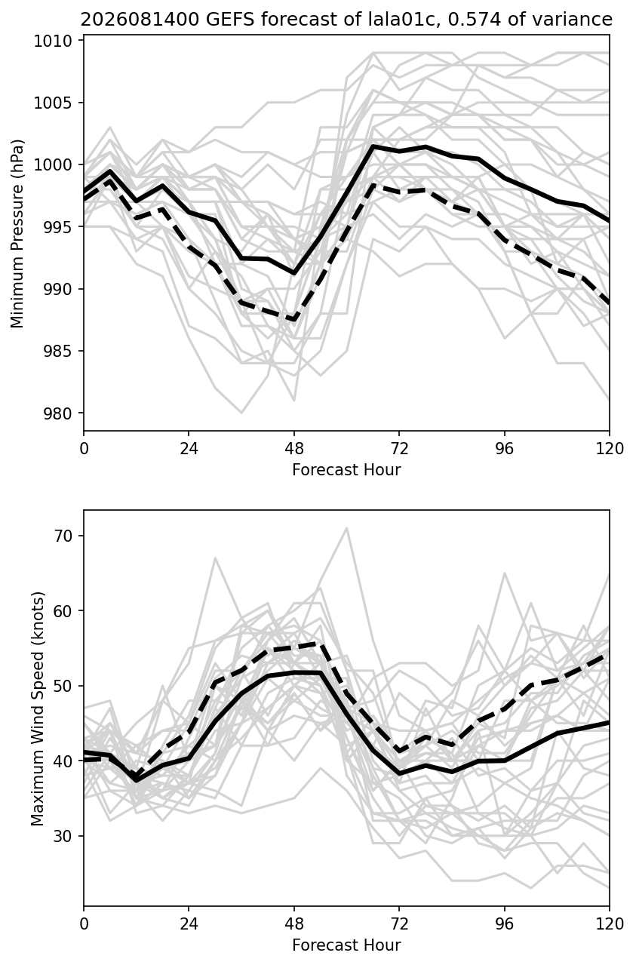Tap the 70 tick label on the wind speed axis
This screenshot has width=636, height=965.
(62, 536)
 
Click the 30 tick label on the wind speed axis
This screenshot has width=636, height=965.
(62, 836)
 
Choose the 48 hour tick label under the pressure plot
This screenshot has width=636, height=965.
(294, 449)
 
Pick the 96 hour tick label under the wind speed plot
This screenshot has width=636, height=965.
(504, 924)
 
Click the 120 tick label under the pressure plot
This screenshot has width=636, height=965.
(610, 449)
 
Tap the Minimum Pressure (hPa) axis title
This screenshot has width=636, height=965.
(17, 233)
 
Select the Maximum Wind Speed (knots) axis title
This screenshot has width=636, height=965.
(38, 708)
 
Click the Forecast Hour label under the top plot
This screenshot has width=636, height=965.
(346, 470)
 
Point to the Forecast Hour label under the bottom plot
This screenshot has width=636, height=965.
(346, 945)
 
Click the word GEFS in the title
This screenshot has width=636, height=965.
(230, 20)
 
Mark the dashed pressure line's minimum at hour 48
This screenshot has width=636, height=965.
(294, 320)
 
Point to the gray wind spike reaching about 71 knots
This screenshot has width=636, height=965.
(346, 527)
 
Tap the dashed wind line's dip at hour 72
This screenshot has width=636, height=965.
(399, 751)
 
